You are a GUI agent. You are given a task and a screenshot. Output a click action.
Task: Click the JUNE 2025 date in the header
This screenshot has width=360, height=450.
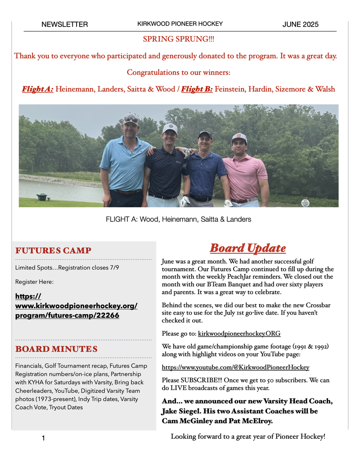coord(300,24)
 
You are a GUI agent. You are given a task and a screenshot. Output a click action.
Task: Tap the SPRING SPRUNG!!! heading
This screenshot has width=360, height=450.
coord(179,39)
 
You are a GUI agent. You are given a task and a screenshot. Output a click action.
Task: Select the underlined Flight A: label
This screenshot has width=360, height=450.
coord(37,89)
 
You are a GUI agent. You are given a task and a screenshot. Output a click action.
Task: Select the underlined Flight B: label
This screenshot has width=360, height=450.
coord(197,89)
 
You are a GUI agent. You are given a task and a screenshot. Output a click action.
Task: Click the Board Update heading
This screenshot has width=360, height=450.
coord(247,248)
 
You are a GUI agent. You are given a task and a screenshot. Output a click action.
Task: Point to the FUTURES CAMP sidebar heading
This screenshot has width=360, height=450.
coord(53,250)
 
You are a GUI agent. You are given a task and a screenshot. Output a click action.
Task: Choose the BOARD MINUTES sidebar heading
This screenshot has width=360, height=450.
coord(56,349)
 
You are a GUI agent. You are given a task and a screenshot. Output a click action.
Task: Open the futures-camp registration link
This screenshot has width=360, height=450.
coord(76,306)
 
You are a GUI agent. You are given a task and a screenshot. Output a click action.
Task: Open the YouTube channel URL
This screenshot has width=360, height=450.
coord(235,367)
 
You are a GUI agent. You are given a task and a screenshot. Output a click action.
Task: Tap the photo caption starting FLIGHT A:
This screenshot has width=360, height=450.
coord(178,219)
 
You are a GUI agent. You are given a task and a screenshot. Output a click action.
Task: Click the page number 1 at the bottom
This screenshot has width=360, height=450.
coord(43,438)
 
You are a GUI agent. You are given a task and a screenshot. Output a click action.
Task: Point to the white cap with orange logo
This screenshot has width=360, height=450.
coord(239,137)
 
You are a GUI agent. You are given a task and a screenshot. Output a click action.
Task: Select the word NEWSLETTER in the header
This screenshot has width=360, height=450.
coord(64,24)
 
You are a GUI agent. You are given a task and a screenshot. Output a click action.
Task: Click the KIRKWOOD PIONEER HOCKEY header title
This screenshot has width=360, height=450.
coord(180,24)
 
